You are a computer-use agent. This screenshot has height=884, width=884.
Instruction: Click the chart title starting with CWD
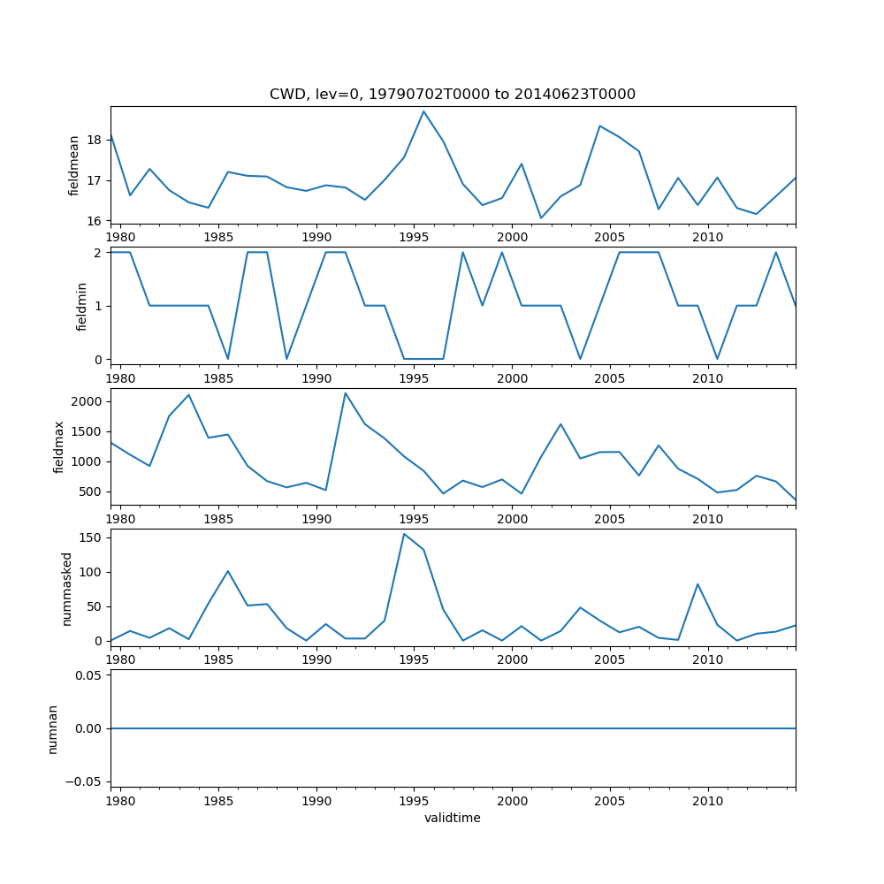(453, 95)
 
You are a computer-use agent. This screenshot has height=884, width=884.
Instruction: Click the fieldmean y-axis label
(74, 165)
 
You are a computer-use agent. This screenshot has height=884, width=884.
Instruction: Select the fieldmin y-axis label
(82, 306)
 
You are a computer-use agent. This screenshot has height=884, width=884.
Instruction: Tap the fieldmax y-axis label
(59, 446)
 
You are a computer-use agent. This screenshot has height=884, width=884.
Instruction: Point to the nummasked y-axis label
(66, 587)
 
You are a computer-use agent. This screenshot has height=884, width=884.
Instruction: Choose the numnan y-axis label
(53, 728)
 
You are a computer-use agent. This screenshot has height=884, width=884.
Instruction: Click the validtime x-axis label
(453, 819)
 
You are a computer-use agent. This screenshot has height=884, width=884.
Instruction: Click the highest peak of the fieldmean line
(423, 111)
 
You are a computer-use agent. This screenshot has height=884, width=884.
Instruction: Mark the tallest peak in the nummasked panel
(404, 534)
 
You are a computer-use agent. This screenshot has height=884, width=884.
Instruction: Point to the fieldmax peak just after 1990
(346, 393)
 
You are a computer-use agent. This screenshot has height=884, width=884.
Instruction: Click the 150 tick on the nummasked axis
(90, 537)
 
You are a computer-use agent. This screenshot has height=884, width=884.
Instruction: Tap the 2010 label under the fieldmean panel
(707, 237)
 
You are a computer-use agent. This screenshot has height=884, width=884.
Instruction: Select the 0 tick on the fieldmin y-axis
(97, 359)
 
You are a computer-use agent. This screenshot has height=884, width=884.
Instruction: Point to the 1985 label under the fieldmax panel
(218, 519)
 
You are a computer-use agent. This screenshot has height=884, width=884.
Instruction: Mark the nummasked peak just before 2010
(697, 584)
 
